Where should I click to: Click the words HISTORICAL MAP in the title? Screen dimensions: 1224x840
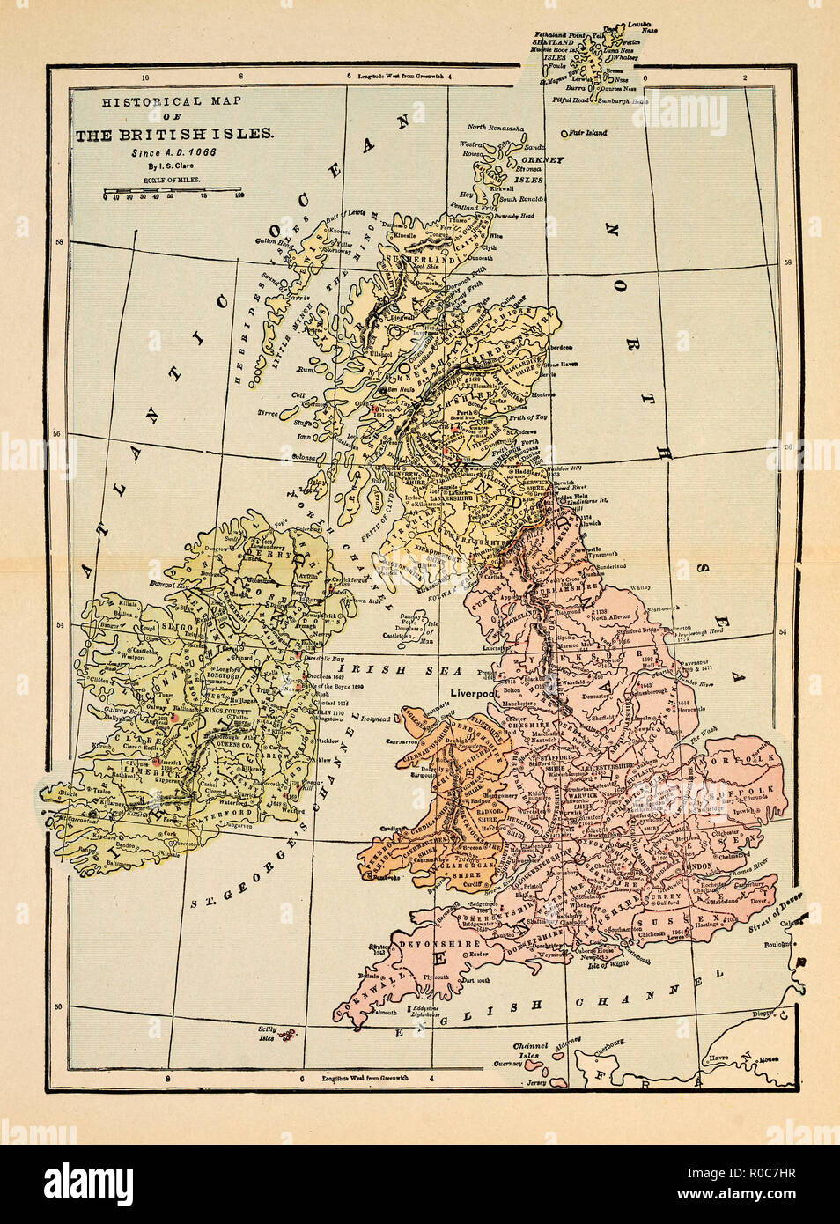click(x=172, y=101)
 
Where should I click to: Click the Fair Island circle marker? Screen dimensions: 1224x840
click(x=564, y=134)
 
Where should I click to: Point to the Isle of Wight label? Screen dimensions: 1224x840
click(x=611, y=966)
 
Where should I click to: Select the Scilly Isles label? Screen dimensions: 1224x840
click(x=266, y=1033)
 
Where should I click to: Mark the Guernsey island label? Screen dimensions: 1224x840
click(x=508, y=1064)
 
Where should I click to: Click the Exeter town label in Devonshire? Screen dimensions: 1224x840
click(x=479, y=954)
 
